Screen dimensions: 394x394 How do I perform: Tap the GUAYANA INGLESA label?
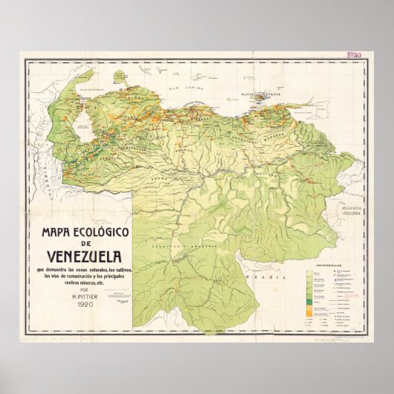346,213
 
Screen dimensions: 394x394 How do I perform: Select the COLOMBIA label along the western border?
44,179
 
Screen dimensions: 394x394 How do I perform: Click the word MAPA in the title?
48,231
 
